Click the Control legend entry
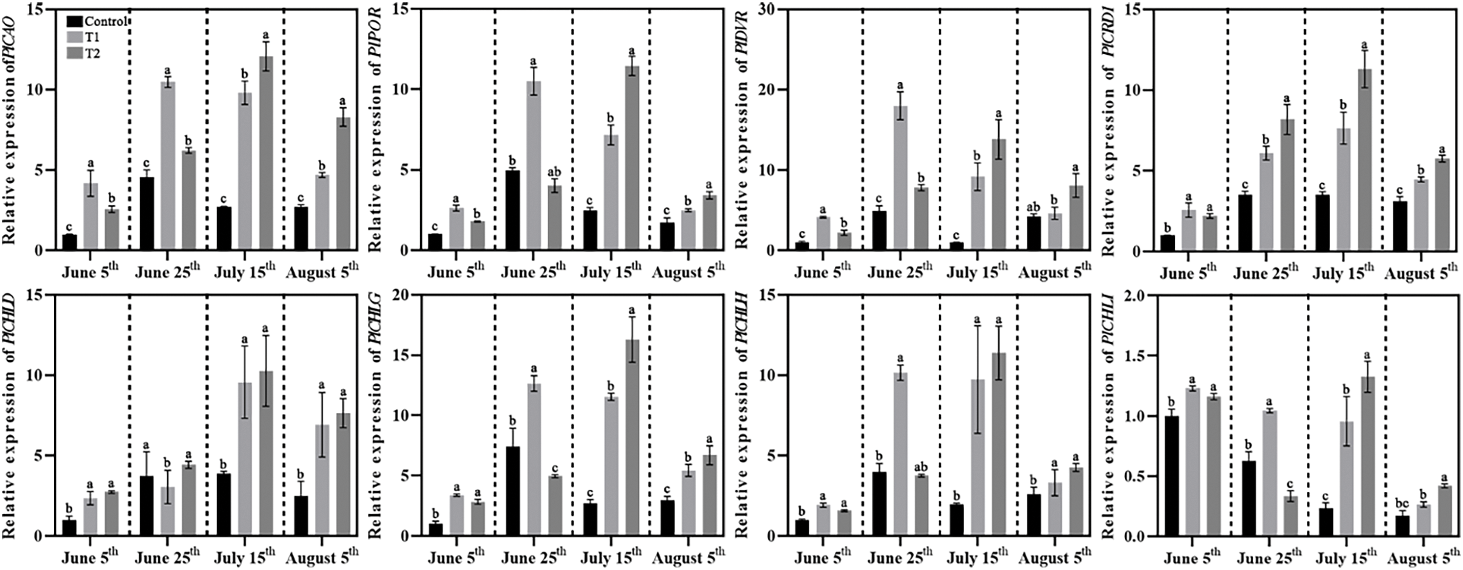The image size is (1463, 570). (105, 22)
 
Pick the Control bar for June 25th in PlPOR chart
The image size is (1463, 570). (512, 210)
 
